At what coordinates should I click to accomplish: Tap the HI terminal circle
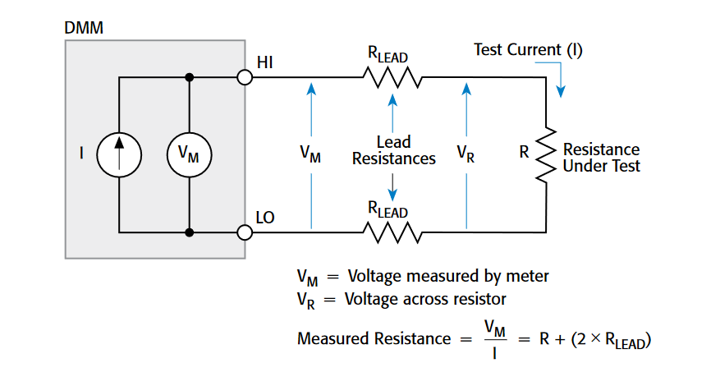244,78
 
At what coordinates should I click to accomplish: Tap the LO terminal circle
244,232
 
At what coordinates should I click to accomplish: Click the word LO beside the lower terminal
266,218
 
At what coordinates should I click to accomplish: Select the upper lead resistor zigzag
392,79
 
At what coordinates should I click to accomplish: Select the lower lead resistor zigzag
392,233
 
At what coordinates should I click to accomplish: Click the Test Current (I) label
529,50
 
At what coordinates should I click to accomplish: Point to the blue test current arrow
561,81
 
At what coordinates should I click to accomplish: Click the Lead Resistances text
393,150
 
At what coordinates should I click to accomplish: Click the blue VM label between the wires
310,154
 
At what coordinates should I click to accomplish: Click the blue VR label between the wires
465,154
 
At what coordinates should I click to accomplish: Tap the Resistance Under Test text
601,158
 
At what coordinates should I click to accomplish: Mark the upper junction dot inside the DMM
190,78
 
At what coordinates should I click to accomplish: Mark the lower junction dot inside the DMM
190,232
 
